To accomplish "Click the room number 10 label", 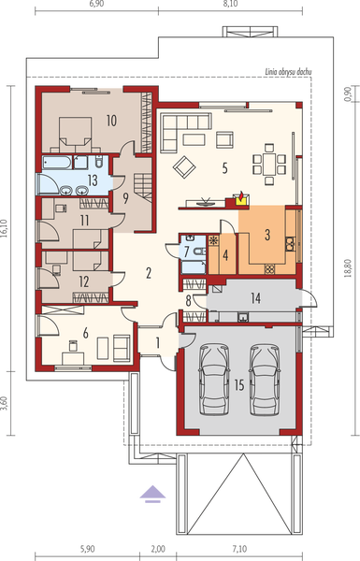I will point(110,120).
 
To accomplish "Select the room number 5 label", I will point(224,169).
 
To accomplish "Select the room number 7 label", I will point(187,252).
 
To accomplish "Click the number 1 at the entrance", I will point(158,343).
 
